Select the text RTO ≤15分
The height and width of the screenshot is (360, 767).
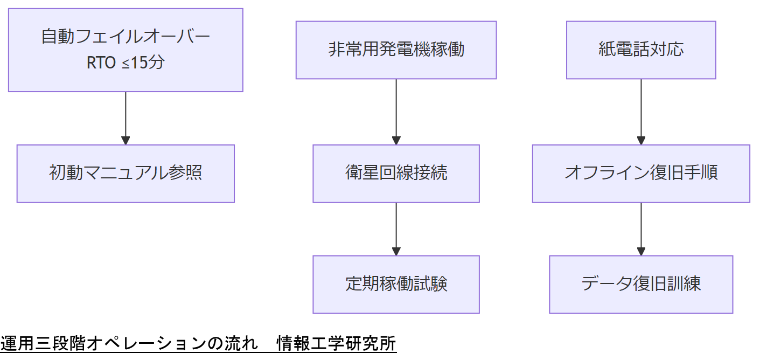pos(125,63)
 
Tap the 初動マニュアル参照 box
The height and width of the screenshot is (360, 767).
pos(125,174)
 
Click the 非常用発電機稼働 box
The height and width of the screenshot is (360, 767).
pos(396,50)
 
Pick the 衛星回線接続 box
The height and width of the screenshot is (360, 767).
pos(396,174)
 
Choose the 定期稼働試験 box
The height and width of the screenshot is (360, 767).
pos(396,284)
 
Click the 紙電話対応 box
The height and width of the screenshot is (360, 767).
pos(641,50)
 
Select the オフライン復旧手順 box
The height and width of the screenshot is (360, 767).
pos(641,174)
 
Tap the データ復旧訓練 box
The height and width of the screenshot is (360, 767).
pos(641,284)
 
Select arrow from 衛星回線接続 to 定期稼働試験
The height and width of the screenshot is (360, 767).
pos(396,226)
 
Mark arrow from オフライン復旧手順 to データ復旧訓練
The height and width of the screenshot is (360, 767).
pos(641,226)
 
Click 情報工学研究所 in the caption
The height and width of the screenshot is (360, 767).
pos(337,344)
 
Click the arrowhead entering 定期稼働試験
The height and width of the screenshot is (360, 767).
pos(396,251)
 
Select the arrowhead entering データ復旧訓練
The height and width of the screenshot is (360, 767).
pos(641,251)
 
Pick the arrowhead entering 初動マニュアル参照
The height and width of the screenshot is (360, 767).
pos(125,141)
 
